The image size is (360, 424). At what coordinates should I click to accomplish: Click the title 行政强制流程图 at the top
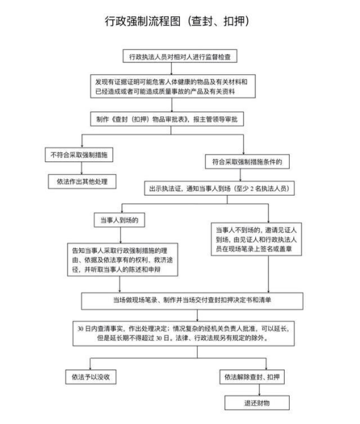pos(142,21)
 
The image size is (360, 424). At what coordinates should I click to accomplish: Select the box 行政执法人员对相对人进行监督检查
pos(180,56)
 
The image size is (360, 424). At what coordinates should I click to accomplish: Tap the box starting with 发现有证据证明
pos(173,86)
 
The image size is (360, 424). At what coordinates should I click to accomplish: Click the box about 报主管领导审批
pos(167,119)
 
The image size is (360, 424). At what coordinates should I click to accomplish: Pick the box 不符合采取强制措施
pos(79,155)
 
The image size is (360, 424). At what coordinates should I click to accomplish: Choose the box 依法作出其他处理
pos(82,181)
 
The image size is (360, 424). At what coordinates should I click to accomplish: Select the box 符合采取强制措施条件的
pos(248,162)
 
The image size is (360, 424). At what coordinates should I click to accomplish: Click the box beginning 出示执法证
pos(219,188)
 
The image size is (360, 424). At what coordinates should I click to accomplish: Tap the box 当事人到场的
pos(119,220)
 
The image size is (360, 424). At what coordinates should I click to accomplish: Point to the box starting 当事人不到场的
pos(256,239)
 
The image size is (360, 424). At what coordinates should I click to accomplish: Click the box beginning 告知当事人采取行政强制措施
pos(122,259)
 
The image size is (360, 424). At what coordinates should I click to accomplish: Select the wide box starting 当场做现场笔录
pos(192,300)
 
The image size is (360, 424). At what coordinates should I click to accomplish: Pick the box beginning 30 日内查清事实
pos(183,334)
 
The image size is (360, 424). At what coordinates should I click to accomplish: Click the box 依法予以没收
pos(91,377)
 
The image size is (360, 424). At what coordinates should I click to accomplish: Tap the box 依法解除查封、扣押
pos(252,377)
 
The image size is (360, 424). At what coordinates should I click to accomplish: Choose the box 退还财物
pos(257,403)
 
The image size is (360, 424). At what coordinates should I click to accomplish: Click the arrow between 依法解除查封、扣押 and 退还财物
pos(259,390)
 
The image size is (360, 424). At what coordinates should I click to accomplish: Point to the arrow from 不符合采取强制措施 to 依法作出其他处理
pos(82,168)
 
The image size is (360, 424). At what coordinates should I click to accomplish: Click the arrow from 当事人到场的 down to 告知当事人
pos(120,235)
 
